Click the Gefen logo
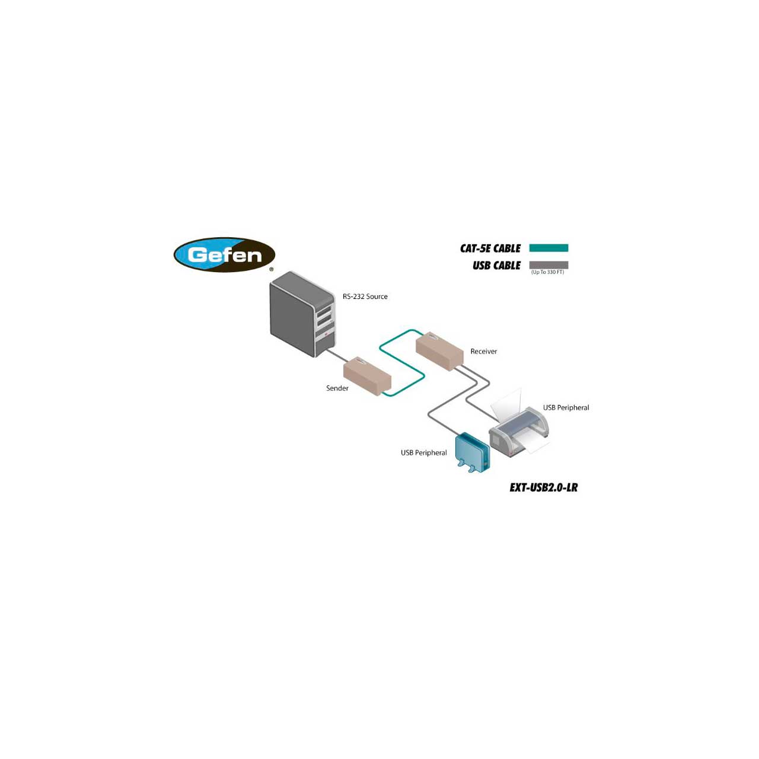[x=224, y=255]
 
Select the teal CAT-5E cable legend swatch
[x=548, y=248]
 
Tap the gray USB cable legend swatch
[x=548, y=264]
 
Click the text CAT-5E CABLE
[x=490, y=248]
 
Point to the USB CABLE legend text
[x=496, y=266]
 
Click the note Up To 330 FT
[x=547, y=272]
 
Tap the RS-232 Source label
[x=365, y=296]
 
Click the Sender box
[x=367, y=376]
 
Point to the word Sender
[x=337, y=388]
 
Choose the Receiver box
[x=439, y=351]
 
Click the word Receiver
[x=483, y=352]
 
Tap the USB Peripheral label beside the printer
[x=566, y=408]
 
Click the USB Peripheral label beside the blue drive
[x=423, y=453]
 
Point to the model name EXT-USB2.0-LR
[x=543, y=487]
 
